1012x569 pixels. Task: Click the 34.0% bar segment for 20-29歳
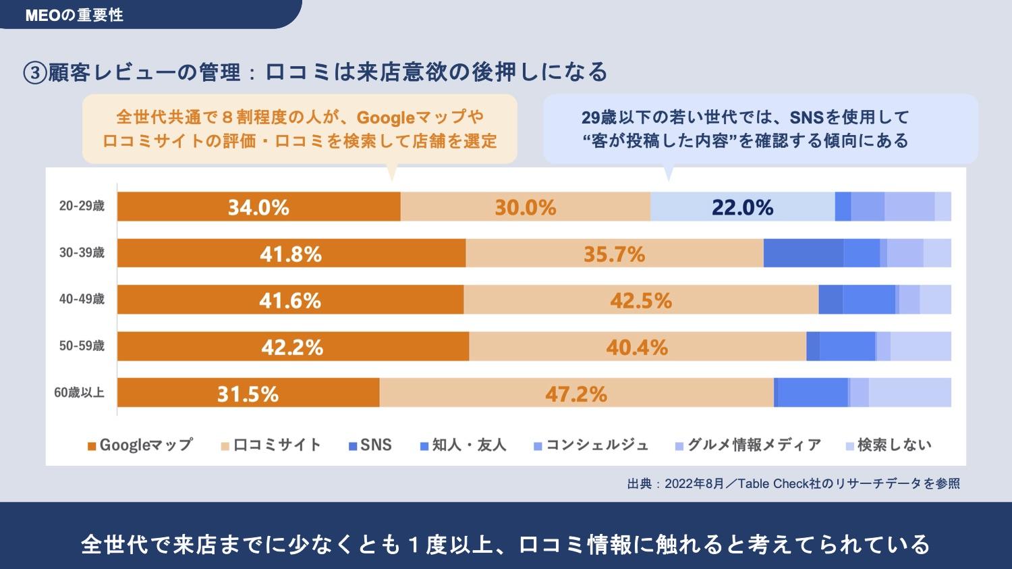click(258, 207)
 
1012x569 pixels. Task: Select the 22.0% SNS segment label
click(742, 207)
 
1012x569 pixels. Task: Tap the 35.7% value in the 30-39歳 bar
click(614, 254)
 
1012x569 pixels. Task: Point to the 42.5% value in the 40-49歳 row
click(641, 300)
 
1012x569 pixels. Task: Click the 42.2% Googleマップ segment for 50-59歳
click(292, 347)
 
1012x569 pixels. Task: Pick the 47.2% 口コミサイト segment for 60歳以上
click(576, 394)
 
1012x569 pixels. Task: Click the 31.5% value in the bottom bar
click(248, 394)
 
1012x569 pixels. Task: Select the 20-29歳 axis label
click(82, 207)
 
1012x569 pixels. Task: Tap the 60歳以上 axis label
click(79, 392)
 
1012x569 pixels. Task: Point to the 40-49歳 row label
click(82, 299)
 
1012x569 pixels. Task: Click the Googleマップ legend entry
click(140, 445)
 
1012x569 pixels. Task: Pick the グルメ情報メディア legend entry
click(748, 445)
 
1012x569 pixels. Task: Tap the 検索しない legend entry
click(889, 445)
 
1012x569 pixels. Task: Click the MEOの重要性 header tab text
click(74, 15)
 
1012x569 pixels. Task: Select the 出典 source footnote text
click(793, 483)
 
